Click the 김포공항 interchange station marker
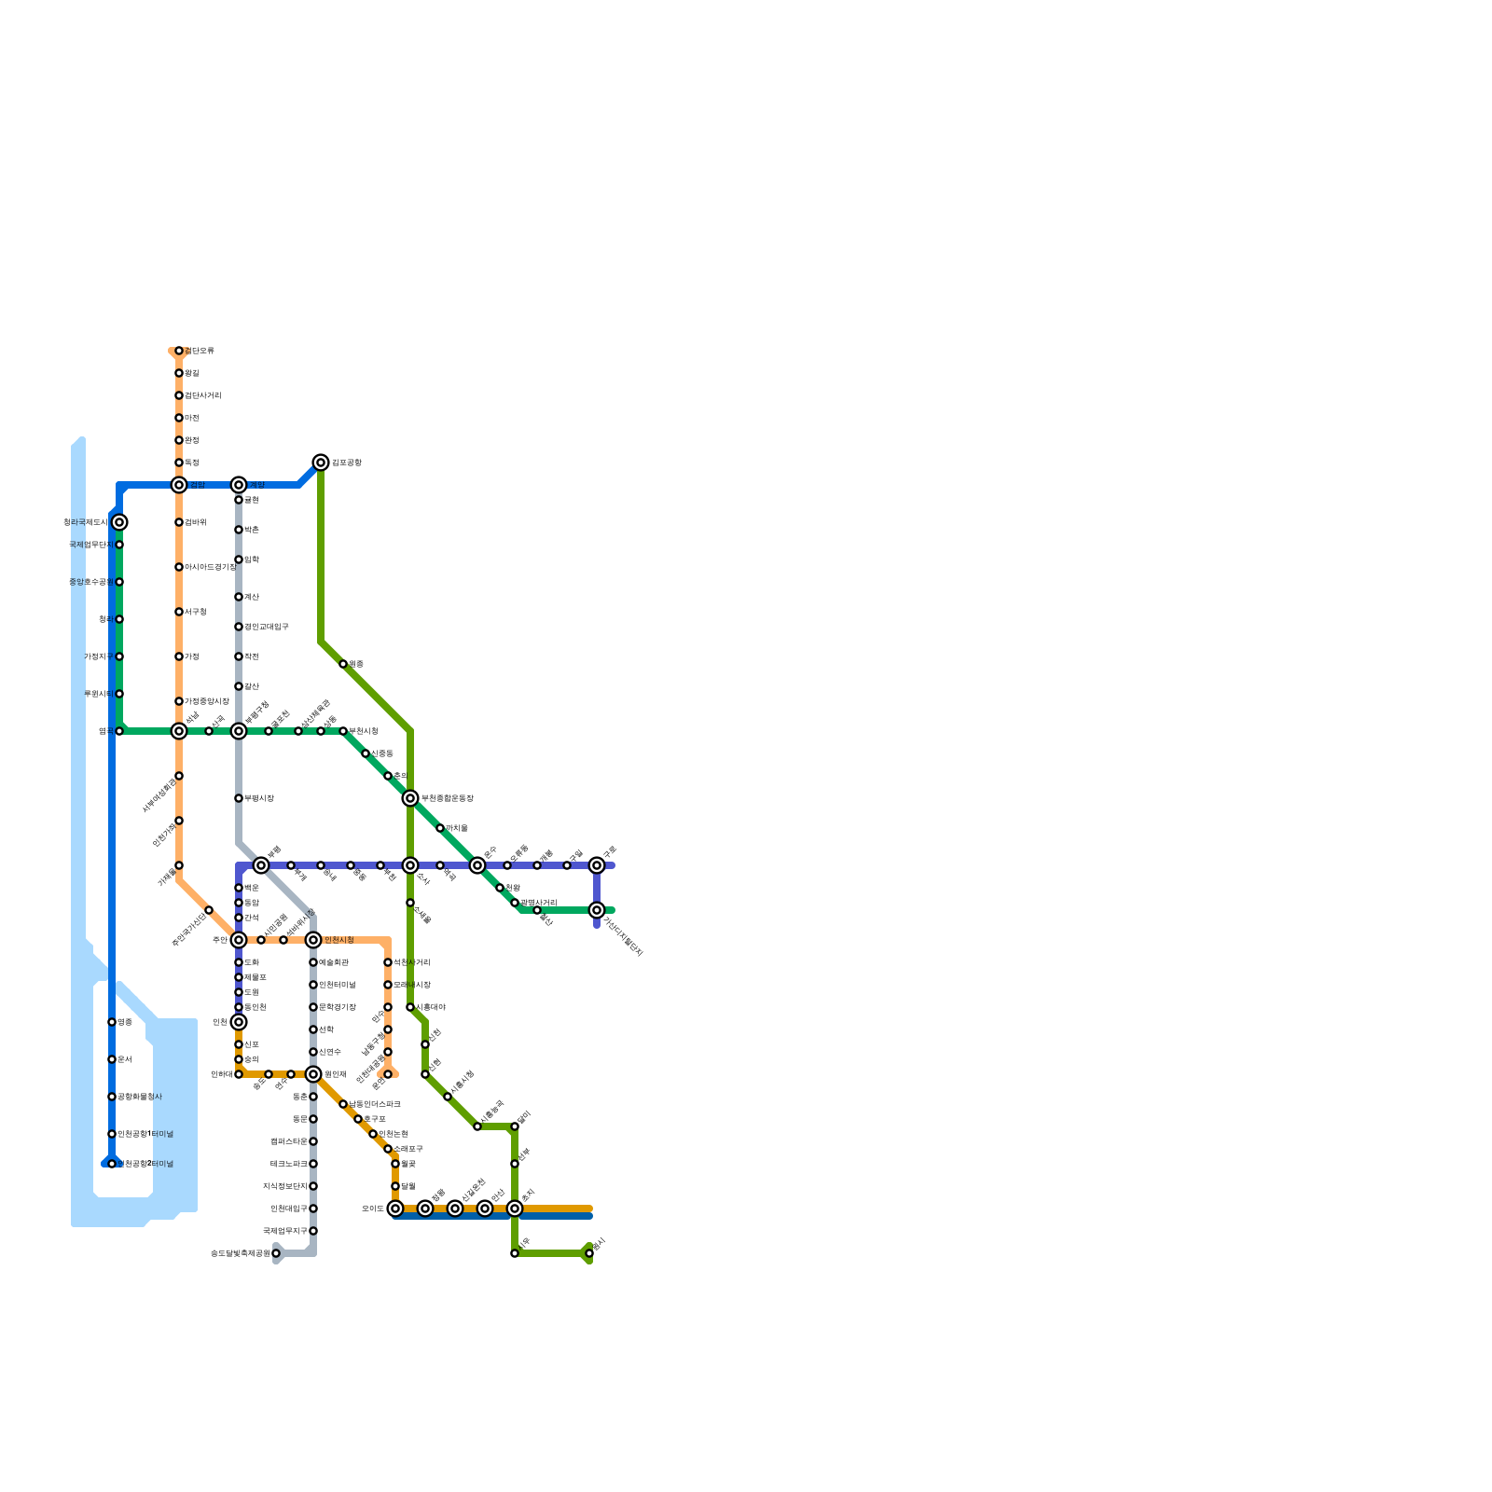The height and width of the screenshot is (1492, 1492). (x=321, y=463)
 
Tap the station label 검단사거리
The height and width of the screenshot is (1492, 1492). (x=203, y=395)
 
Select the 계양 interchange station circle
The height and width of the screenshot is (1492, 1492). (x=239, y=485)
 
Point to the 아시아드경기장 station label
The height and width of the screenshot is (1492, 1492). (x=211, y=567)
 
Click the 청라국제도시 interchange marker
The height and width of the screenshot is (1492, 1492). (x=119, y=522)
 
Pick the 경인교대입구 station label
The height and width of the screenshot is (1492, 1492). (x=267, y=627)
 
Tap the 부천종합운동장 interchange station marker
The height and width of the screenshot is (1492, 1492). (x=410, y=798)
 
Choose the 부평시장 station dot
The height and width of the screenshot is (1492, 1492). (x=239, y=798)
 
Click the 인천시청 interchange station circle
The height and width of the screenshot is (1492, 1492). (x=313, y=940)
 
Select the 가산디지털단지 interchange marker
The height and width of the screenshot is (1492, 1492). (x=597, y=910)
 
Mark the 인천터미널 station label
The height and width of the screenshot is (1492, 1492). (x=338, y=985)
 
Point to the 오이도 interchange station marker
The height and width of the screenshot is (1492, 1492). (x=395, y=1209)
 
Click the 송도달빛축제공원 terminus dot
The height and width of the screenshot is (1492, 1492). (x=276, y=1253)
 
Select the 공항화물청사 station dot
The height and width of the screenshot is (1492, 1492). (x=112, y=1097)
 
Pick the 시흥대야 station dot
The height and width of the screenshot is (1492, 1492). (x=410, y=1007)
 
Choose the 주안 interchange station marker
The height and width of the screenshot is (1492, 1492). (x=239, y=940)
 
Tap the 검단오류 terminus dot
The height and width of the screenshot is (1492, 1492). (x=179, y=351)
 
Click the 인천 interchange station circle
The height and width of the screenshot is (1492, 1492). (x=239, y=1022)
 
